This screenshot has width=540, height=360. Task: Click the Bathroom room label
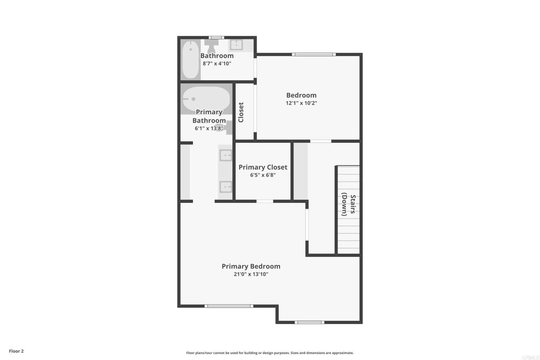tap(217, 56)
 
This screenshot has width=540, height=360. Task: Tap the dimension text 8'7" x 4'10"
tap(217, 64)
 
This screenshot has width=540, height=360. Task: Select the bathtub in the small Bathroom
tap(190, 60)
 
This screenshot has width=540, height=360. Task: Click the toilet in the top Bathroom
tap(211, 45)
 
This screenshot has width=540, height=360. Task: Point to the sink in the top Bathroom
tap(236, 45)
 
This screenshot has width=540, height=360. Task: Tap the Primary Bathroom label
tap(209, 116)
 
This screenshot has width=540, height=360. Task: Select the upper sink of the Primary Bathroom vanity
tap(226, 155)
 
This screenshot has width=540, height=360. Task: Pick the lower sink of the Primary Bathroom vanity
tap(226, 187)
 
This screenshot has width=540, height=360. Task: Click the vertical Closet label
tap(241, 112)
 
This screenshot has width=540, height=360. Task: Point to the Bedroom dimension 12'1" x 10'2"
tap(301, 103)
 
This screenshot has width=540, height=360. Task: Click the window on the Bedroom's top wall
tap(314, 54)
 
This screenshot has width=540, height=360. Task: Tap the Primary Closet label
tap(263, 167)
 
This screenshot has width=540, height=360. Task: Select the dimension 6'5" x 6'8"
tap(263, 175)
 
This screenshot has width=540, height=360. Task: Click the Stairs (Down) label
tap(348, 205)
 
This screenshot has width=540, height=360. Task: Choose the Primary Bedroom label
tap(251, 266)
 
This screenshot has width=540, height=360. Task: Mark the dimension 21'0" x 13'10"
tap(251, 274)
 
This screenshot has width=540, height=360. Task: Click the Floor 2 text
tap(16, 351)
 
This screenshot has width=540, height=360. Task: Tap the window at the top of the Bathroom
tap(217, 37)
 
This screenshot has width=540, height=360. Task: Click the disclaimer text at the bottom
tap(270, 353)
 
